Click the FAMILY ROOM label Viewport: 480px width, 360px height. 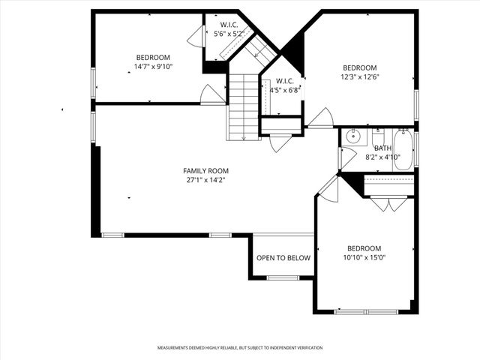coord(205,170)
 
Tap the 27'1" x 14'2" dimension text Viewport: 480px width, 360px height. coord(205,180)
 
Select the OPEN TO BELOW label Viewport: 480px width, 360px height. coord(283,258)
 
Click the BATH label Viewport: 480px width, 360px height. coord(382,148)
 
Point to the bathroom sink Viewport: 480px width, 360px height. coord(355,138)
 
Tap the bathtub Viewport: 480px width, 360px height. coord(403,150)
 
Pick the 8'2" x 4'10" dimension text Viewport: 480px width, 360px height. coord(382,157)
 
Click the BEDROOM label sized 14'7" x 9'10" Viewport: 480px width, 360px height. coord(152,57)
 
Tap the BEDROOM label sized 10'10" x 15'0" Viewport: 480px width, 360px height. coord(364,248)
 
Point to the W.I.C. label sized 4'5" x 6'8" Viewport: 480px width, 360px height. coord(284,81)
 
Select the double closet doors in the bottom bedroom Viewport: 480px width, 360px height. coord(388,203)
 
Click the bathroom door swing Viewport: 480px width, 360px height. coord(346,157)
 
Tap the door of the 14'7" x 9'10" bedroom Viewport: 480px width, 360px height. coord(212,95)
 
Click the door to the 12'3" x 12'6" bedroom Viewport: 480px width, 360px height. coord(321,118)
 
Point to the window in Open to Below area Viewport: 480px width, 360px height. coord(283,277)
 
